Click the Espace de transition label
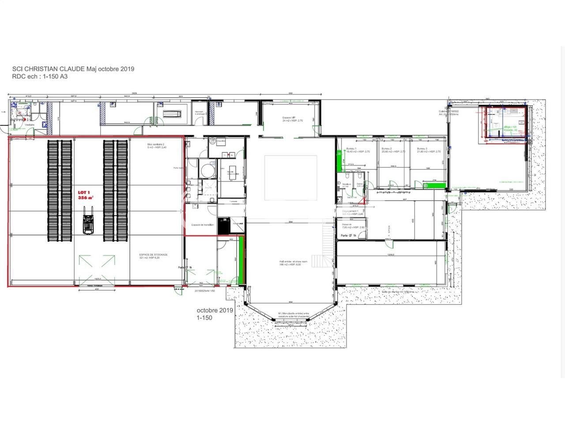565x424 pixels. click(x=203, y=225)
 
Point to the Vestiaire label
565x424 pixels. click(x=18, y=125)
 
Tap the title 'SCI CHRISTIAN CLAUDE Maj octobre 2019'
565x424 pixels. click(x=73, y=69)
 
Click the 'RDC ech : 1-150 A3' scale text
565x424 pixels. click(x=40, y=76)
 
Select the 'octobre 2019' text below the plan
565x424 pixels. click(x=215, y=310)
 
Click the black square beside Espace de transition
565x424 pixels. click(x=224, y=225)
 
